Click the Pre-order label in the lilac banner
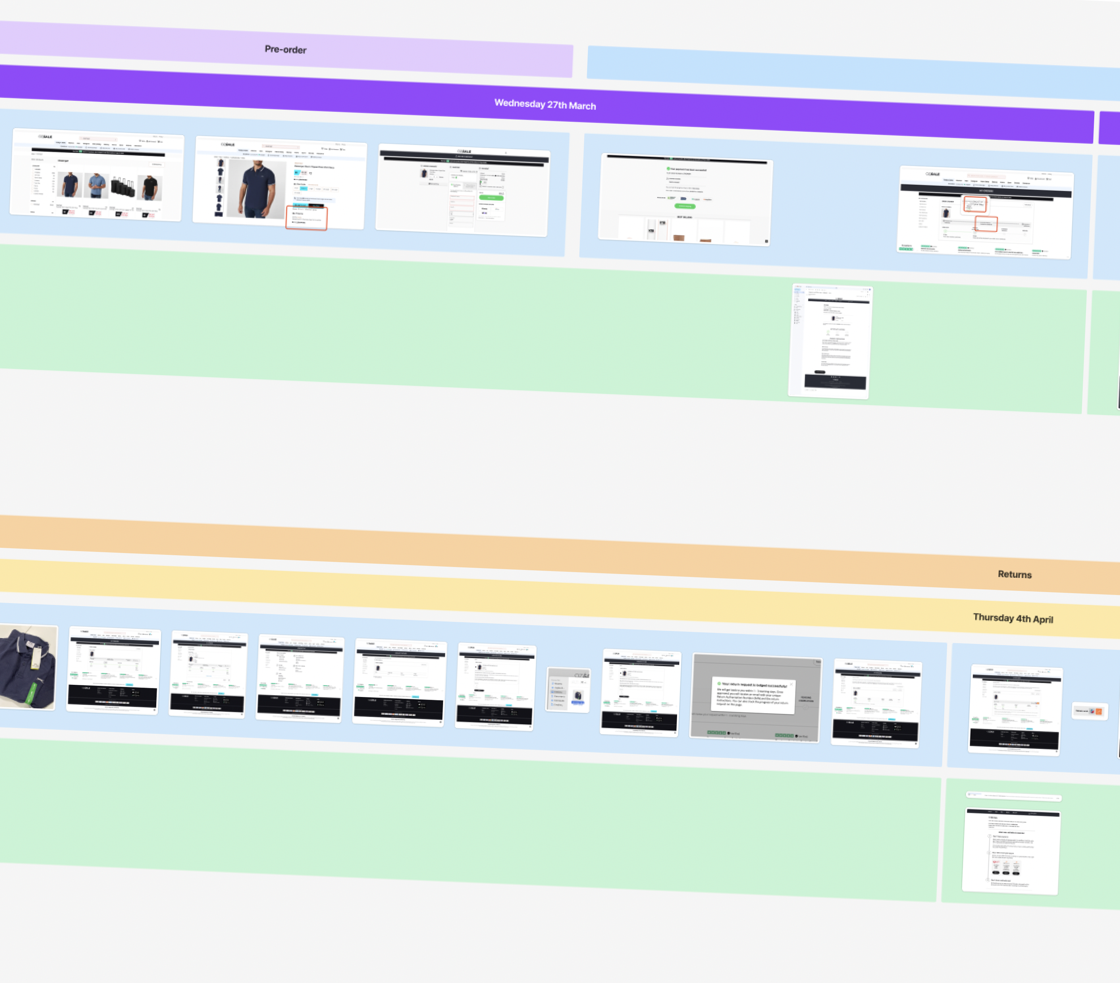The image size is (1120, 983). point(285,49)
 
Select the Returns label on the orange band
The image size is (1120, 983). point(1014,574)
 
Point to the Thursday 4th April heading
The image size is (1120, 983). point(1012,618)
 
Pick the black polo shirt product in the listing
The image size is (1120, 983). point(149,188)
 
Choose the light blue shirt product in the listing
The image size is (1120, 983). point(96,185)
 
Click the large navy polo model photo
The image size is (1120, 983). point(256,189)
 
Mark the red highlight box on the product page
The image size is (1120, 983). point(306,218)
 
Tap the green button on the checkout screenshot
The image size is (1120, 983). point(491,198)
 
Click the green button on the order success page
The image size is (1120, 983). point(685,206)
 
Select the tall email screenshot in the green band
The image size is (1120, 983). point(830,341)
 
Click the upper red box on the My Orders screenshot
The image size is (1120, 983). point(975,204)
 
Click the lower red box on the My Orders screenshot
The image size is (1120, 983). point(986,223)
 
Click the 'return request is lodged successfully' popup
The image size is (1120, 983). point(754,695)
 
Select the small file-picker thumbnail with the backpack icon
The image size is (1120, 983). point(568,690)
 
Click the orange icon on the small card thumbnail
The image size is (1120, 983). point(1098,712)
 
